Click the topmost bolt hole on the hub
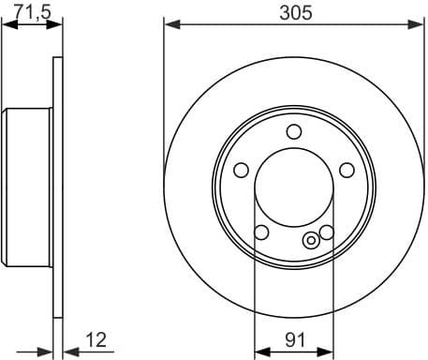(x=293, y=131)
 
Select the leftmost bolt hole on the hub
(x=240, y=170)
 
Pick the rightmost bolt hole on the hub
(x=347, y=170)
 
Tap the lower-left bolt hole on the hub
(x=261, y=232)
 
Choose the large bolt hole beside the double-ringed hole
(x=326, y=232)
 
